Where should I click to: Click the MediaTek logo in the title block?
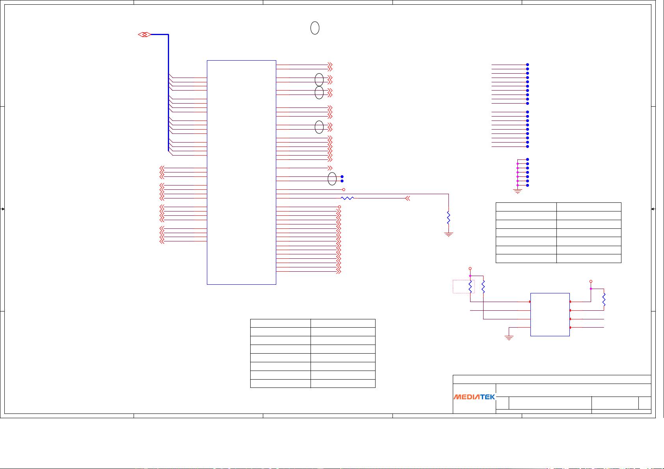tap(474, 397)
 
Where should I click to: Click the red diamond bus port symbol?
tap(144, 35)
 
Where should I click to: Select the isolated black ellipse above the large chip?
tap(315, 28)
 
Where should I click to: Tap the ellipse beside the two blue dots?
tap(332, 179)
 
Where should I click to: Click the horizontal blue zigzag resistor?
tap(347, 198)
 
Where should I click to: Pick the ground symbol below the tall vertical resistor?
tap(448, 234)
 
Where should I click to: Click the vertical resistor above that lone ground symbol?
tap(448, 218)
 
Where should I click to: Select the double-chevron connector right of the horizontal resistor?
tap(407, 198)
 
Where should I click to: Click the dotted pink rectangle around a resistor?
tap(463, 287)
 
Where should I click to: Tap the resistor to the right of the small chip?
tap(604, 300)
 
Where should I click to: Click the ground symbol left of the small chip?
tap(509, 338)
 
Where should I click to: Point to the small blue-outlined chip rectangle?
tap(550, 315)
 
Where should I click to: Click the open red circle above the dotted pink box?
tap(470, 269)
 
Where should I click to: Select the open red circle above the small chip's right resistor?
tap(591, 282)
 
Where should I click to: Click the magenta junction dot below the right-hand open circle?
tap(591, 289)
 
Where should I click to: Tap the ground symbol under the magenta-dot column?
tap(517, 191)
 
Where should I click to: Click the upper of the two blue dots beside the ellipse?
tap(342, 176)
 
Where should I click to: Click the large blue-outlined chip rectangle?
tap(241, 172)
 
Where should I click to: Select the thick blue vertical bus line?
tap(168, 93)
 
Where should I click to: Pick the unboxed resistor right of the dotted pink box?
tap(483, 287)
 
